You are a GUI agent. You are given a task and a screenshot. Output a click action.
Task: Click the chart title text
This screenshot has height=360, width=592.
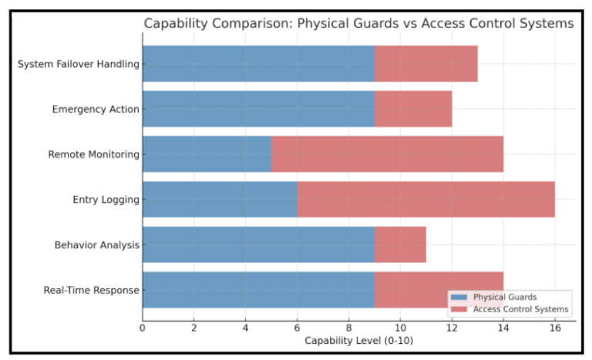358,24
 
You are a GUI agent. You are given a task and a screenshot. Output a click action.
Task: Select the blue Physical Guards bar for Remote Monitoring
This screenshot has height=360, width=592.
207,154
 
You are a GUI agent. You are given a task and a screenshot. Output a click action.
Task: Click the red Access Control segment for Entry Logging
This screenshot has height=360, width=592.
425,200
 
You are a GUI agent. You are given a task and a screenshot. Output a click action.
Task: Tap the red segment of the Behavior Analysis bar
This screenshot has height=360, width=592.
400,244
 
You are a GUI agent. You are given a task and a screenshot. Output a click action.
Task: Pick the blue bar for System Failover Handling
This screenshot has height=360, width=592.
258,64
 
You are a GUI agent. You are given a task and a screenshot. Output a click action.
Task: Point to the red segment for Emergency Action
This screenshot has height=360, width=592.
413,109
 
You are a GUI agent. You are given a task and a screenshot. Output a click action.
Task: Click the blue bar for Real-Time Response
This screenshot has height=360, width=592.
258,290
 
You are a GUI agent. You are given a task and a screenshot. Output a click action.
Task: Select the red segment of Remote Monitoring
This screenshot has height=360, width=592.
387,154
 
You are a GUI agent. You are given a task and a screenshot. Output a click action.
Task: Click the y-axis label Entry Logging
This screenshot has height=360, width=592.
106,200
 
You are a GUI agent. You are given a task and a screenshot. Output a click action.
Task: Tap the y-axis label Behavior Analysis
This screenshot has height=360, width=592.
97,245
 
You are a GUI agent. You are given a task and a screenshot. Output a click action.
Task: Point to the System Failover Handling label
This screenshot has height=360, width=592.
79,64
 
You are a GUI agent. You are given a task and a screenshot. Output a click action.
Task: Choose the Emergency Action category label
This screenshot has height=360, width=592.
96,109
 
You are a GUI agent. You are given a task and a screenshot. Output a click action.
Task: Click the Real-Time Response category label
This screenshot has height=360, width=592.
92,291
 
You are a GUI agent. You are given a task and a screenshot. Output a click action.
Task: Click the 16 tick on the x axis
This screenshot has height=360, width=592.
555,328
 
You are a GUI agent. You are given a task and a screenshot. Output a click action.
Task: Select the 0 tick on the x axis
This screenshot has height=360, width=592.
143,328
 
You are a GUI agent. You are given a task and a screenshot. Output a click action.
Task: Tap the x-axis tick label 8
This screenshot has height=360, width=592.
348,328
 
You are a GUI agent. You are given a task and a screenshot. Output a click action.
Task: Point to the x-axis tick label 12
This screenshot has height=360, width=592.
452,328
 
